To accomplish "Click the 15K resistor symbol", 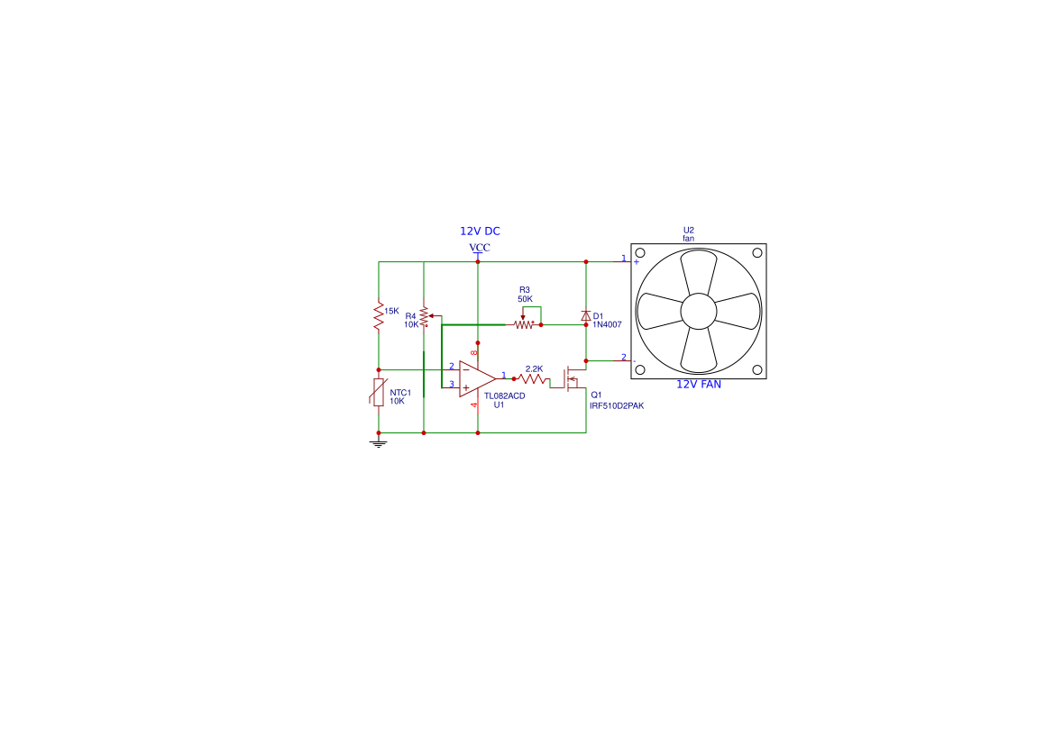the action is pos(379,315).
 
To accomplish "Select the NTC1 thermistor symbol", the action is pos(379,392).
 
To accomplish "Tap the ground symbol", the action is pos(379,444).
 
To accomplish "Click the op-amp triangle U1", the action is pos(477,379).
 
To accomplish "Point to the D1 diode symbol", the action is pos(585,315).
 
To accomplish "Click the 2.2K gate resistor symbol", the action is pos(532,379).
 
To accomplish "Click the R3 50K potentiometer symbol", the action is pos(525,321).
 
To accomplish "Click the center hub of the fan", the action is pos(699,311).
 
